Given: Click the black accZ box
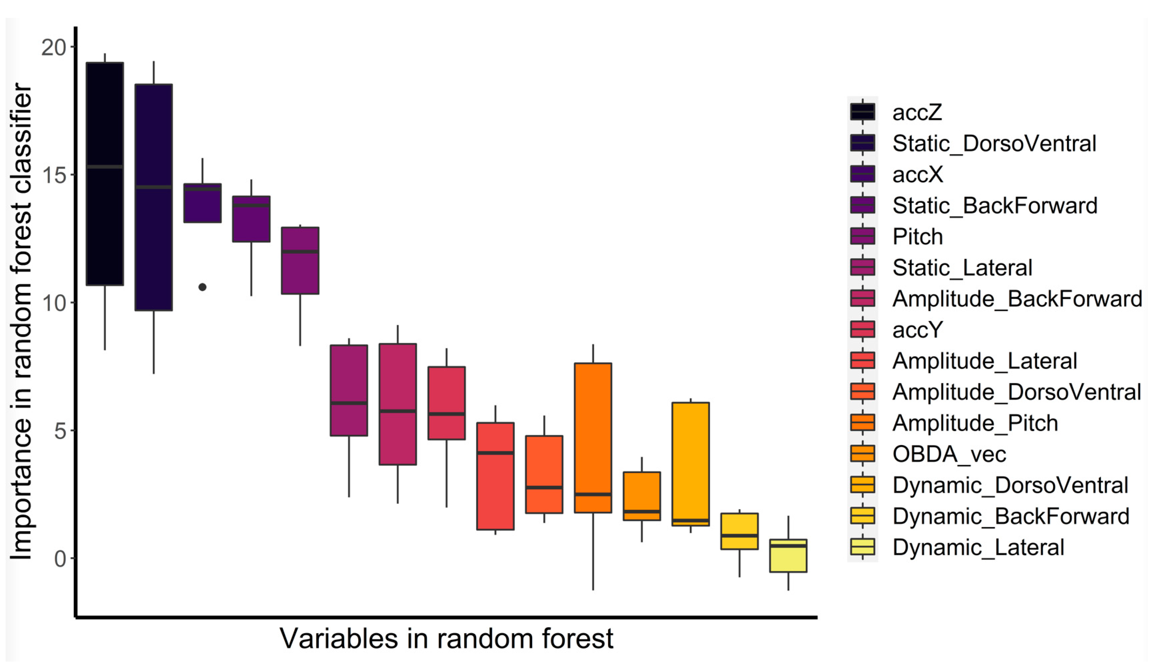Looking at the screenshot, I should pos(105,173).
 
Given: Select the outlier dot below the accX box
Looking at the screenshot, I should pos(202,287).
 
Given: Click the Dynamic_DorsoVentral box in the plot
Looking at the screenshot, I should pos(690,464).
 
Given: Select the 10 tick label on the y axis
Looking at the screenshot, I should pos(54,303).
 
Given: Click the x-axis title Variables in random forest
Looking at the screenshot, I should pos(446,638).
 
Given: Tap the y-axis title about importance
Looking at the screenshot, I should pos(21,321).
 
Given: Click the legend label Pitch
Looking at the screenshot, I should pos(917,237).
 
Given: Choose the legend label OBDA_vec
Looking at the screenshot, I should pos(949,454).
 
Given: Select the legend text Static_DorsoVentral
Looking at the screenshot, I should pos(994,143).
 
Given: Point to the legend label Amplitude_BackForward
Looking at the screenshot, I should pos(1017,299).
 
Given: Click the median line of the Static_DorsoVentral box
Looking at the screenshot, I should pos(153,187).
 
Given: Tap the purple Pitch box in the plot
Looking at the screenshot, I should pos(300,260).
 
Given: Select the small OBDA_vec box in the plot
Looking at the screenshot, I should pos(641,496).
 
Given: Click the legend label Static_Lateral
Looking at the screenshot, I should pos(962,268).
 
